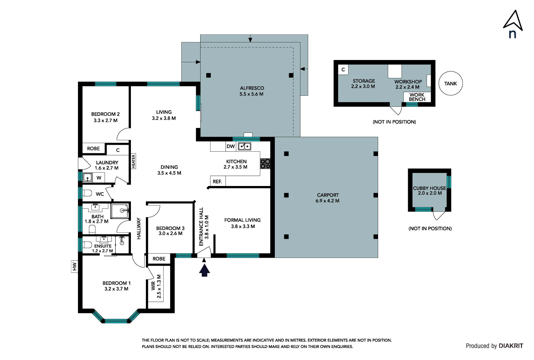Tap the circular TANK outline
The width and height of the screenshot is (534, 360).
451,71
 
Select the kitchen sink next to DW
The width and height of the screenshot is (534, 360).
245,146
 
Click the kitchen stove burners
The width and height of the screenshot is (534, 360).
265,164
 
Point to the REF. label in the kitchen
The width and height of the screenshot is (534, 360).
217,182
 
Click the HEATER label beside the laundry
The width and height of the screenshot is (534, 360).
134,161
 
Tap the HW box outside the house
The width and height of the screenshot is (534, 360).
74,266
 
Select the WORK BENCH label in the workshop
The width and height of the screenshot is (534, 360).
417,97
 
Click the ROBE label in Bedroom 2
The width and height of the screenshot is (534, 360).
93,149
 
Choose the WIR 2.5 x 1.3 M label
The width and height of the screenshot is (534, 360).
156,286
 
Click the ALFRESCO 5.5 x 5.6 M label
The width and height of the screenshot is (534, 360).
252,91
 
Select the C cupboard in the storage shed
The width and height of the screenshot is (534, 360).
343,69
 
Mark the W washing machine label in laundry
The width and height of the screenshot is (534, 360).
99,178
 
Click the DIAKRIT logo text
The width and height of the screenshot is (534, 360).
511,346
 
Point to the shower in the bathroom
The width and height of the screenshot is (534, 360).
120,211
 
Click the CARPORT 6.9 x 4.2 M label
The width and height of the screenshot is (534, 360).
327,198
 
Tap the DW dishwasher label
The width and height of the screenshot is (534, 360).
231,146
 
